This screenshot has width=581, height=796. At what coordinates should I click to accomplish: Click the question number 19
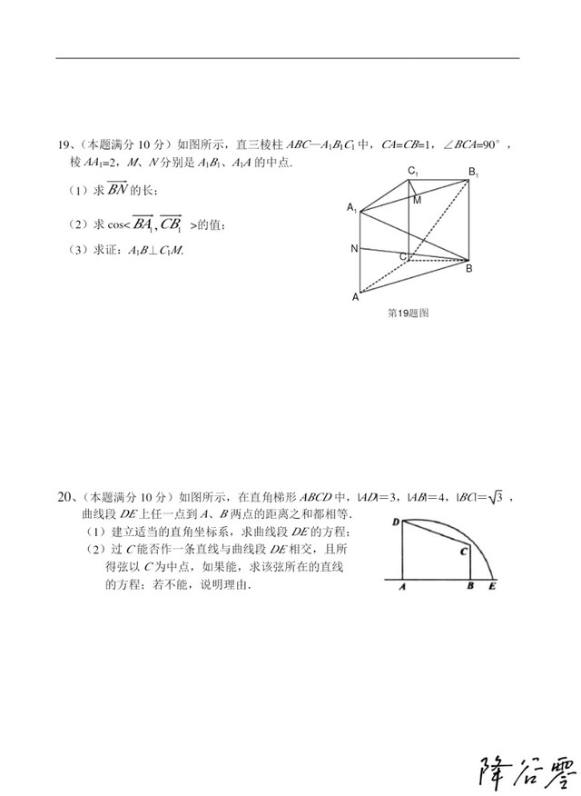tap(64, 144)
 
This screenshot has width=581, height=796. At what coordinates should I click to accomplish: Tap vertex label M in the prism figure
tap(417, 200)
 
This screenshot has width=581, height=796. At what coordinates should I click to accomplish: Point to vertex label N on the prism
tap(354, 248)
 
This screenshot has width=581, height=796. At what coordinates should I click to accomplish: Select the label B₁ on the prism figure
tap(473, 172)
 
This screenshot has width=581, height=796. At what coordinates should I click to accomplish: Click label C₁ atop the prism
tap(412, 171)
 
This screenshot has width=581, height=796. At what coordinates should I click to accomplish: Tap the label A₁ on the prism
tap(351, 208)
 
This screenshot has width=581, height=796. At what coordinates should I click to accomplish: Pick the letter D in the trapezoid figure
tap(396, 522)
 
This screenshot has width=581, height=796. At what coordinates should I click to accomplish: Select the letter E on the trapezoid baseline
tap(492, 588)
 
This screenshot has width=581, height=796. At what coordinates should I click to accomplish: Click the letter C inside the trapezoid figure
tap(463, 551)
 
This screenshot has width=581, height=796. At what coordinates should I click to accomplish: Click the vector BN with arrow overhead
tap(117, 190)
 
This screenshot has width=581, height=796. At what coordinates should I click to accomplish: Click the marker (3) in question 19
tap(77, 250)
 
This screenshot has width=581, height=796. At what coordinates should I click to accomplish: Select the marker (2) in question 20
tap(95, 550)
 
